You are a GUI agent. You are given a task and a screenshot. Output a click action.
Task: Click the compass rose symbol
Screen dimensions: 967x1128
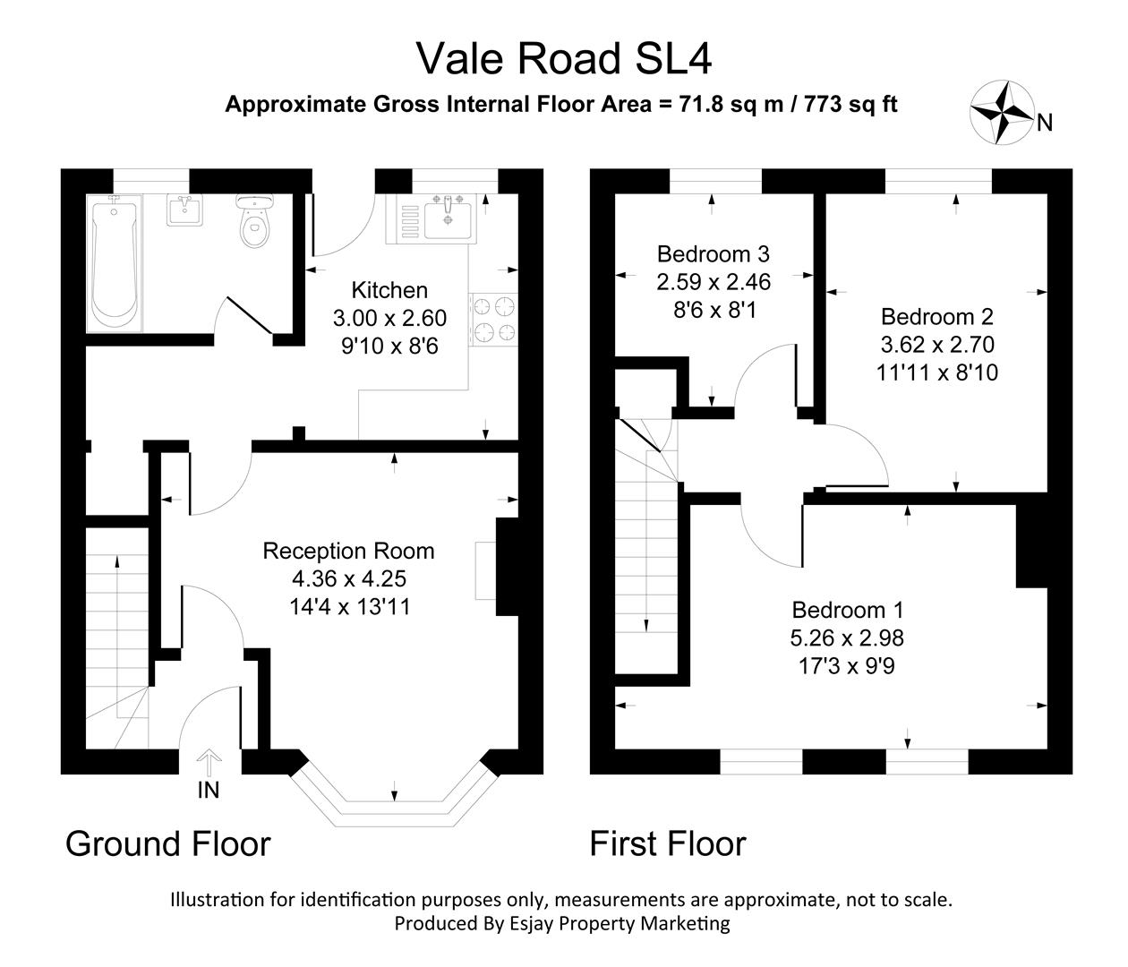[1002, 111]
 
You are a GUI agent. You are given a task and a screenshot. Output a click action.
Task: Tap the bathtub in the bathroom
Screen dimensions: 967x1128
[115, 263]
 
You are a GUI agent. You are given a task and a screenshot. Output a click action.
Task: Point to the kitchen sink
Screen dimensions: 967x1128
[447, 218]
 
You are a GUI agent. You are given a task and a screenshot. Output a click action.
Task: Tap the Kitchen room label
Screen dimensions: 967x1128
[389, 290]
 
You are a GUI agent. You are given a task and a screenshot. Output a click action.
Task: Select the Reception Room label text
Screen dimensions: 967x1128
[348, 551]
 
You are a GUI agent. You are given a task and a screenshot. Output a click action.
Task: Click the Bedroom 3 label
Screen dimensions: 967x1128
[713, 253]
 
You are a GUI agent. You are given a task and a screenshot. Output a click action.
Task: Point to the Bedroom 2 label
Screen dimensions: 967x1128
[936, 316]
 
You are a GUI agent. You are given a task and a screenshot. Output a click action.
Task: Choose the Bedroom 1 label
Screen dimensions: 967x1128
[847, 610]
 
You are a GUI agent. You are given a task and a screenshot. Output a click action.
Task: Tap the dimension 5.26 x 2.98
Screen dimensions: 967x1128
[847, 638]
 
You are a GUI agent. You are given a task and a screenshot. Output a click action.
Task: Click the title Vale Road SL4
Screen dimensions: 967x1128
[564, 59]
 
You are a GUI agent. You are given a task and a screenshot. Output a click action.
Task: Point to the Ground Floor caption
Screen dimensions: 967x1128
[168, 843]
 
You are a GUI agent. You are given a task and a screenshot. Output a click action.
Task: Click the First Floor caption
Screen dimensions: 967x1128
[667, 843]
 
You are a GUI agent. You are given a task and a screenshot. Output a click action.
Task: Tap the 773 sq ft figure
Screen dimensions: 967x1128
[850, 104]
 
